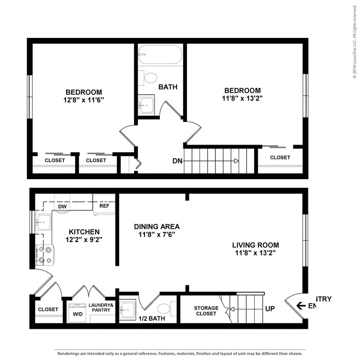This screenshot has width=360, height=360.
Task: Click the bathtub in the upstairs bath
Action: point(160,55)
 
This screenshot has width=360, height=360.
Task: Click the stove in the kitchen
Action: point(44,254)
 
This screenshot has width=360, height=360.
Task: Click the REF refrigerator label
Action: point(105,206)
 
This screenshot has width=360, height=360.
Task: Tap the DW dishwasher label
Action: point(62,206)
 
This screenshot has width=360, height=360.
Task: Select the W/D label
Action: point(78,314)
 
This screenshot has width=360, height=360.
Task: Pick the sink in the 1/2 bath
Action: point(127,308)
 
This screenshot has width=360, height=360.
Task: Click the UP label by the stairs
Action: point(270,308)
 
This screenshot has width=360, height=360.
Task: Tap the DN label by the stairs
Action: point(178,161)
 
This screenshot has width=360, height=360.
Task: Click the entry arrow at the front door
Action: point(301,305)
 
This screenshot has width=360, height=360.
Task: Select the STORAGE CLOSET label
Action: point(206,311)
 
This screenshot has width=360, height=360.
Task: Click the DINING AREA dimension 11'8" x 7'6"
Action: point(157,235)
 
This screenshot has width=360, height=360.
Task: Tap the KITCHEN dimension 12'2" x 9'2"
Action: point(84,239)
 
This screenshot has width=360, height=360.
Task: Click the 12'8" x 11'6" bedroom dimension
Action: point(84,100)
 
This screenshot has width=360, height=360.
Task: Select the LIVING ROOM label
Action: point(255,245)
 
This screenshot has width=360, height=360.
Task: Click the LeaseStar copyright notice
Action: point(354,41)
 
